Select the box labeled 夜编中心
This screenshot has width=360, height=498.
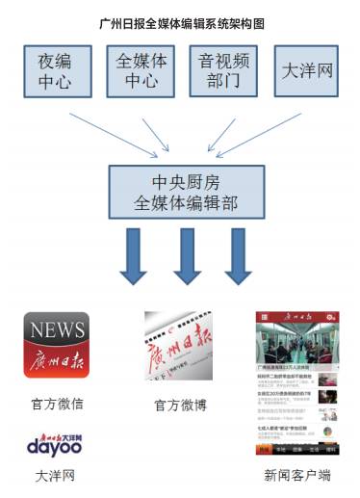click(x=56, y=70)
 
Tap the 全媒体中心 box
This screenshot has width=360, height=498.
click(x=141, y=70)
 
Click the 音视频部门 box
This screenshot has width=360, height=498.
click(x=222, y=70)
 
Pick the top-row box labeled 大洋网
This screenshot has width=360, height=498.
click(x=306, y=70)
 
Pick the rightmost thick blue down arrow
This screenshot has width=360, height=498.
click(x=237, y=255)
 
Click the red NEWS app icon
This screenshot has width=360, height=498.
click(x=57, y=344)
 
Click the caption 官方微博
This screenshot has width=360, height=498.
click(x=180, y=406)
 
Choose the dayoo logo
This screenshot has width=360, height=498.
click(x=55, y=444)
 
